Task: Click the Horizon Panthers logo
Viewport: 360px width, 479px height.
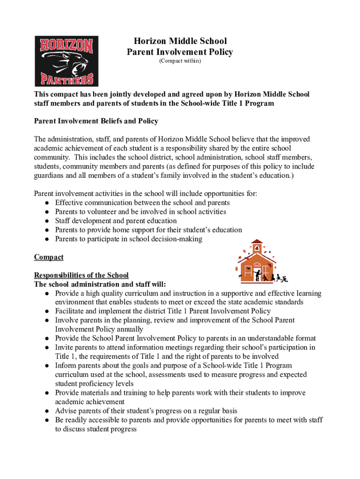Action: coord(66,61)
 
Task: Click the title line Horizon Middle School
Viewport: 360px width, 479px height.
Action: coord(180,41)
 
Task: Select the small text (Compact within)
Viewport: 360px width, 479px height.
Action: coord(180,61)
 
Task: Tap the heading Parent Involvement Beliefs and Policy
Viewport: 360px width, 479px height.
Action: coord(96,121)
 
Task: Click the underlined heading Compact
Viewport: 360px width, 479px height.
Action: coord(49,257)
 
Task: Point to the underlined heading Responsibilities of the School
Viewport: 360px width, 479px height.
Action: coord(81,276)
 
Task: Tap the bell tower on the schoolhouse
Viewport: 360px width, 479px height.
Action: coord(257,247)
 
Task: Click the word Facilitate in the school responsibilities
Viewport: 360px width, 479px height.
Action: coord(70,311)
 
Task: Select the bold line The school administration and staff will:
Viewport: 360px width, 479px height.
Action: coord(100,284)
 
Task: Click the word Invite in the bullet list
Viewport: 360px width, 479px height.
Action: coord(64,348)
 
